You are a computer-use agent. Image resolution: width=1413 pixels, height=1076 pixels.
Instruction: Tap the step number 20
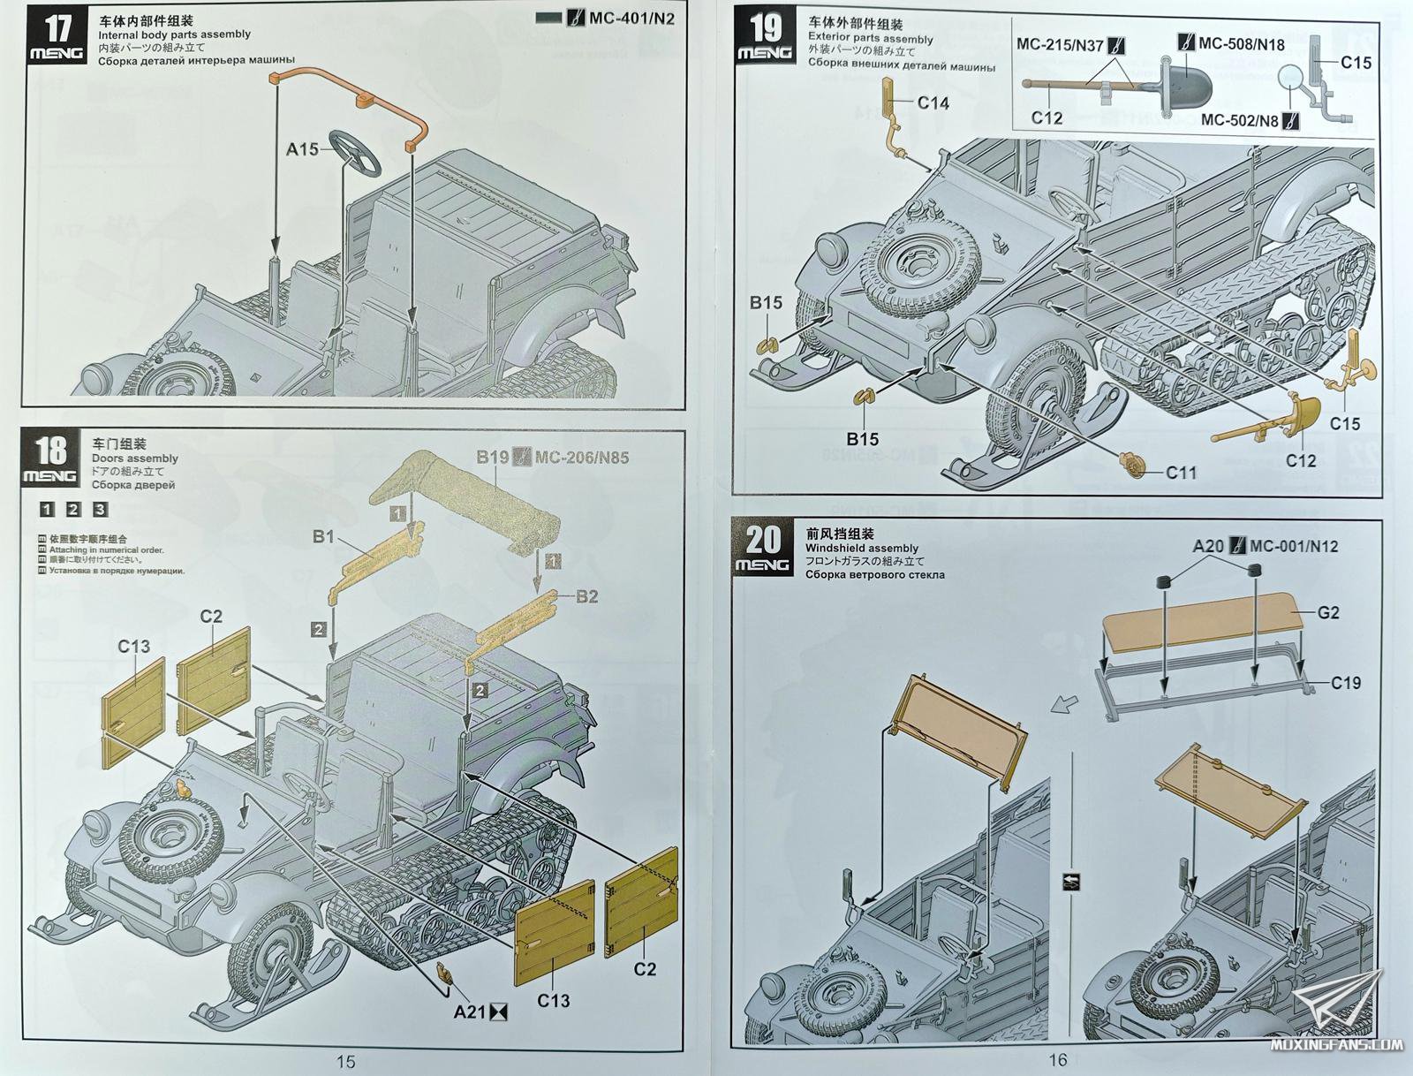point(763,539)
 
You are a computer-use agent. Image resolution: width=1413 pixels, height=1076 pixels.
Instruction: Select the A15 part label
point(302,149)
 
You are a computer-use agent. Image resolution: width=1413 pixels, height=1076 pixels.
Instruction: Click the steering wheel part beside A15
point(355,152)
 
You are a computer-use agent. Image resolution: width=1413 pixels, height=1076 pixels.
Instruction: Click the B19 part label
point(492,457)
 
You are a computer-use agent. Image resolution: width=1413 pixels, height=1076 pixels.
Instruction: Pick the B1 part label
point(323,536)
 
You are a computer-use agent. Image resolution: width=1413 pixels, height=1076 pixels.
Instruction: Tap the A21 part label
point(469,1012)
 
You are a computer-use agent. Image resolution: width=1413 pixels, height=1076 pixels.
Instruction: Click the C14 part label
point(933,102)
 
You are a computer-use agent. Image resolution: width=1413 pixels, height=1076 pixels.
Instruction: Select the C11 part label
point(1181,473)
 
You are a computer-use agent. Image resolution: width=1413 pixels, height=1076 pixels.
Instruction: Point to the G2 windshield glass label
point(1328,612)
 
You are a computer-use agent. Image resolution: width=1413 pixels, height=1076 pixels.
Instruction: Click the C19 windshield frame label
point(1346,682)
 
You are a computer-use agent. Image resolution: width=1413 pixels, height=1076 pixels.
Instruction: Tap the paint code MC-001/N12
point(1294,546)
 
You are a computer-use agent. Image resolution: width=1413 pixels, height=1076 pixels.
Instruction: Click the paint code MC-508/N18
point(1242,43)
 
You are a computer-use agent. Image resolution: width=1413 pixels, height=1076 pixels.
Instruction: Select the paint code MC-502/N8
point(1239,120)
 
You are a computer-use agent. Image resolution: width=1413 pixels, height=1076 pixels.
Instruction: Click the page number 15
point(345,1061)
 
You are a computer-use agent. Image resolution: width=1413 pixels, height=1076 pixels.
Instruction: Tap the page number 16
point(1058,1059)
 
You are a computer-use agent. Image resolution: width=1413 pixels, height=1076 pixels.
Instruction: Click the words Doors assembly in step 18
point(134,458)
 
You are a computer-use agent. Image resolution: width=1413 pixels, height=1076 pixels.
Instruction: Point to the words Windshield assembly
point(861,548)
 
